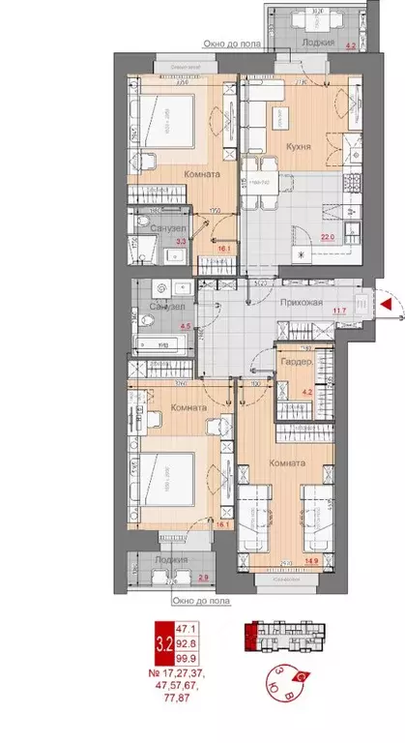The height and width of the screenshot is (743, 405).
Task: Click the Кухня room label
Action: click(297, 148)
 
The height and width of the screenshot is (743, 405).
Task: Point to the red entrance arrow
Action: click(386, 307)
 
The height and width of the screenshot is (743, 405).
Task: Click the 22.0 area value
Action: click(327, 236)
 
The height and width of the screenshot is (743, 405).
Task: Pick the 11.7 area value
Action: click(338, 311)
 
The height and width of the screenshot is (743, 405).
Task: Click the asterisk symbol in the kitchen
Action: click(304, 254)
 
